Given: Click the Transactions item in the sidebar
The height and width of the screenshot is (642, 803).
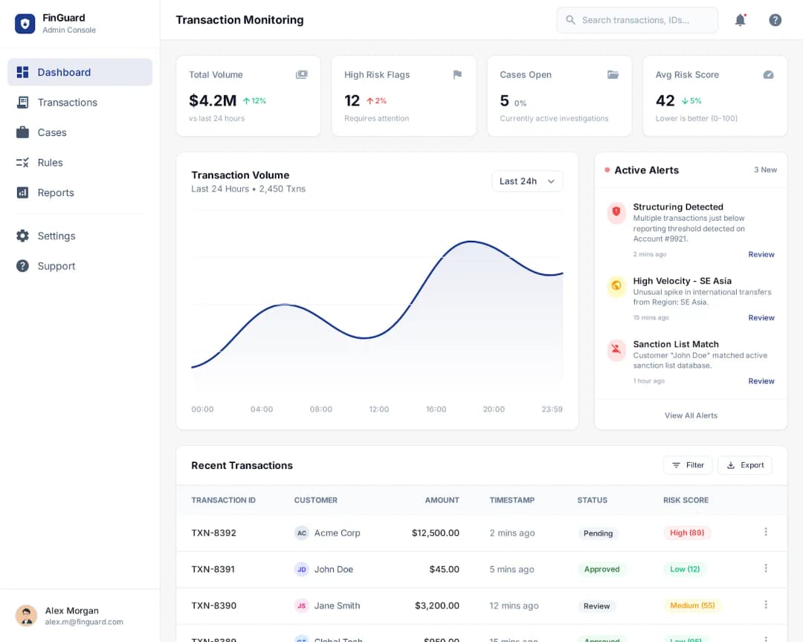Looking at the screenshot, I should point(67,103).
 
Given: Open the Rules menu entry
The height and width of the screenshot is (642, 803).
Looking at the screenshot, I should point(50,163).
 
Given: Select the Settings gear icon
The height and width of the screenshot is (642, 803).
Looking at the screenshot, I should point(23,236).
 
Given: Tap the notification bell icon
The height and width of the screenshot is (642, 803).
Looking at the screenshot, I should point(740,20).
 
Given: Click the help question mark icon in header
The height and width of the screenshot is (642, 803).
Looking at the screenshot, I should point(775,20).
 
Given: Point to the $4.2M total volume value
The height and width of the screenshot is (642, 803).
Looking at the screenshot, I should point(213,100).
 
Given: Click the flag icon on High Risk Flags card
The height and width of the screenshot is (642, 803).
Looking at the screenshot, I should point(457,74).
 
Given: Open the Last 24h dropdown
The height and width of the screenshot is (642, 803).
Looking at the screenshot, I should point(527,181).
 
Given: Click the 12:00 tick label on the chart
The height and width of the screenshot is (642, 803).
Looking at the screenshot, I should point(379,409).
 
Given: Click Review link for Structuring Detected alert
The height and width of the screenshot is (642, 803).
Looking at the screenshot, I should point(761,254).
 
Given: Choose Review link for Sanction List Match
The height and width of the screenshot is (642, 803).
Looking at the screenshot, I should point(761,381).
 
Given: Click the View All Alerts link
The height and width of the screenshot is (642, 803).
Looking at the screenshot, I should point(691,415).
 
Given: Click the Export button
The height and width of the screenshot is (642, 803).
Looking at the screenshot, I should point(744,465).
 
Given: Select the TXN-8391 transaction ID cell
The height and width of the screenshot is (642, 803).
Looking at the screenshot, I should point(213,569).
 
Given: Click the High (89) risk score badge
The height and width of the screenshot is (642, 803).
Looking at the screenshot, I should point(686,533).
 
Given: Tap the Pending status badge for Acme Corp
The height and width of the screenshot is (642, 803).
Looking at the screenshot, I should point(598,534).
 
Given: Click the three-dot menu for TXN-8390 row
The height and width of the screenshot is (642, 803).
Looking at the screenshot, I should point(766,605).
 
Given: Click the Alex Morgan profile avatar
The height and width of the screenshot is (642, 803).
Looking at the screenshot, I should point(27,615).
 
